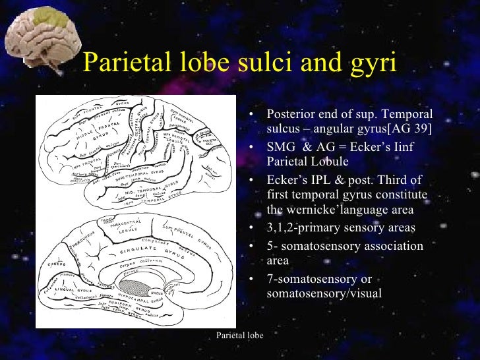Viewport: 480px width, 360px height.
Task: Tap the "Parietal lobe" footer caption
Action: click(x=240, y=336)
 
